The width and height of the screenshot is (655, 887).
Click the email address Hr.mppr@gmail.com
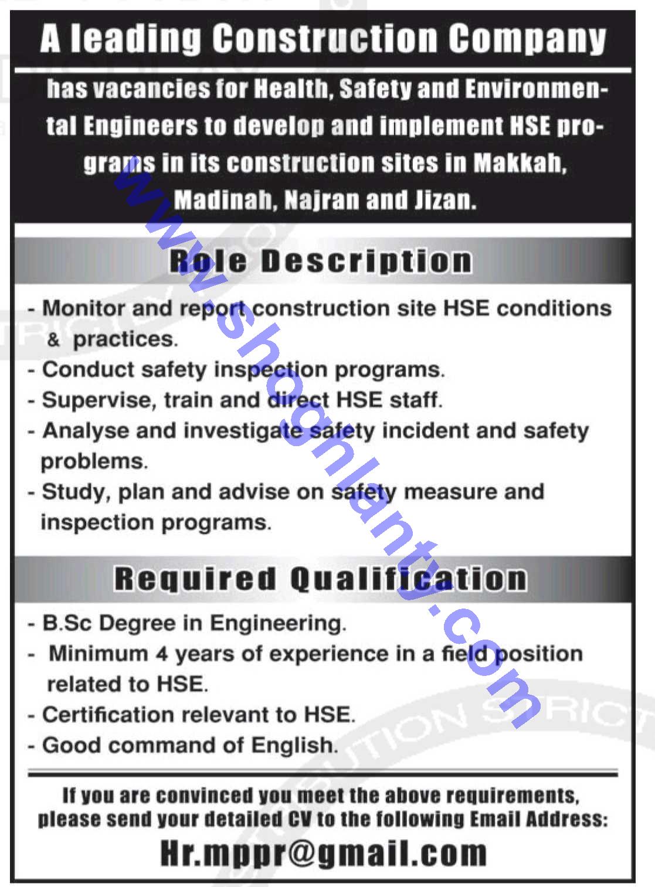pyautogui.click(x=324, y=853)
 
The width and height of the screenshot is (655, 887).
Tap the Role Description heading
pyautogui.click(x=320, y=261)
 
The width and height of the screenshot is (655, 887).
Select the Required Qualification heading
pyautogui.click(x=320, y=579)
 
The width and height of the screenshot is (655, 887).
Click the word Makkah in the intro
pyautogui.click(x=520, y=163)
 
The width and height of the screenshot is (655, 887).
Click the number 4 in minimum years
pyautogui.click(x=161, y=654)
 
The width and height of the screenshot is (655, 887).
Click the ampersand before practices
pyautogui.click(x=53, y=340)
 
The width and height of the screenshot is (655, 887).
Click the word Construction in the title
pyautogui.click(x=324, y=40)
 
